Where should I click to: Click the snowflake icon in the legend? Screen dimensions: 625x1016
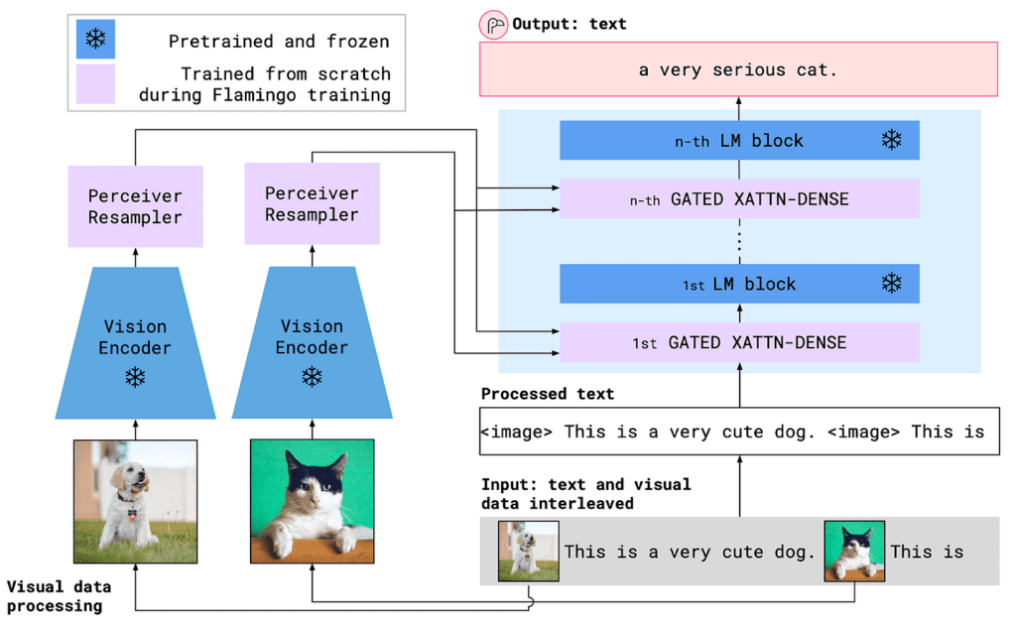[x=96, y=40]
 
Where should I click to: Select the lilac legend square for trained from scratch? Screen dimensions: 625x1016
[x=96, y=84]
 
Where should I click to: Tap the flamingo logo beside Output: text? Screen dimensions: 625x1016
[x=492, y=24]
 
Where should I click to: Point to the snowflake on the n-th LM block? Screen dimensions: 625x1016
[x=892, y=140]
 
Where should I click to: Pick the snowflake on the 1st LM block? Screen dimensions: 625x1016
[x=892, y=284]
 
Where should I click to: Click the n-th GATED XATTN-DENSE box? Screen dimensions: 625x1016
[x=739, y=198]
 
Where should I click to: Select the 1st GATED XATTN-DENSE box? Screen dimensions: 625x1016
[x=739, y=342]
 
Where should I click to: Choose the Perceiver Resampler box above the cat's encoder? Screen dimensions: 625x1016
[x=312, y=204]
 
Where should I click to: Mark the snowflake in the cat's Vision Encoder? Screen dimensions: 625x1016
[x=312, y=377]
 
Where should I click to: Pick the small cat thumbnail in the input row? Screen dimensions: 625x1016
[x=854, y=552]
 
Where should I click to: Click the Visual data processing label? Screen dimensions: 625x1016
[x=55, y=595]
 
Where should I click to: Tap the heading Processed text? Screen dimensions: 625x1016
[x=548, y=394]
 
